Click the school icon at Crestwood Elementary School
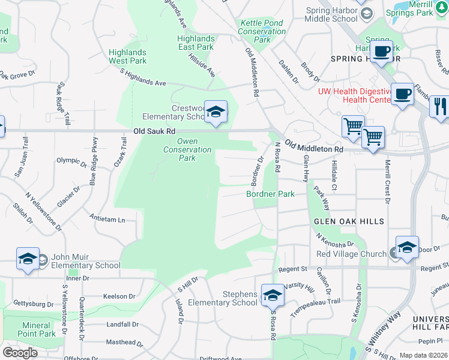click(x=215, y=112)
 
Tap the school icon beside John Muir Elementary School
click(x=28, y=259)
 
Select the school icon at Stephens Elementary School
click(x=272, y=295)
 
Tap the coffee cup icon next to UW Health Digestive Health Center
click(x=403, y=94)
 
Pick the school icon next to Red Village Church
click(x=407, y=247)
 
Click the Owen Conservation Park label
click(x=187, y=154)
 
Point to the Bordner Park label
click(x=270, y=194)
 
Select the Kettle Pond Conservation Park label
click(x=262, y=31)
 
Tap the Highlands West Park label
click(x=127, y=57)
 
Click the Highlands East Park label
click(x=195, y=43)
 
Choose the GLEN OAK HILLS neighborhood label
click(x=349, y=221)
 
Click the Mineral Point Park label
click(x=37, y=329)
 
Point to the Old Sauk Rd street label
click(x=154, y=131)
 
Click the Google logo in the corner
click(x=20, y=353)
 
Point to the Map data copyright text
click(x=423, y=355)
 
